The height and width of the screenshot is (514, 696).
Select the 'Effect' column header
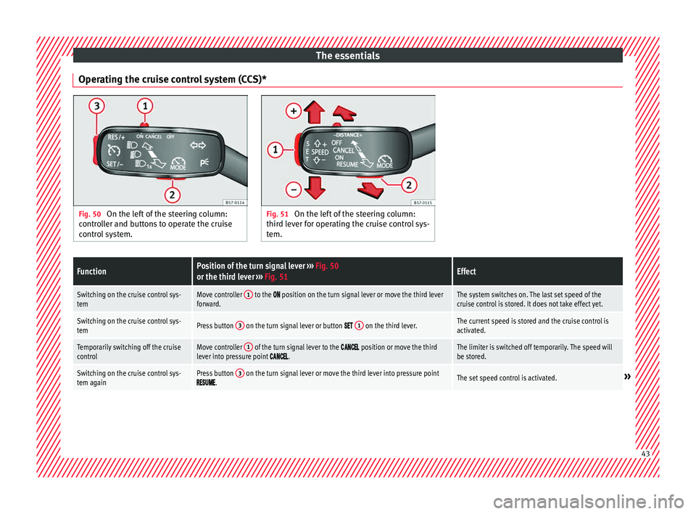coord(467,272)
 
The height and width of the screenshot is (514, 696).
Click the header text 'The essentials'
coord(347,55)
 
